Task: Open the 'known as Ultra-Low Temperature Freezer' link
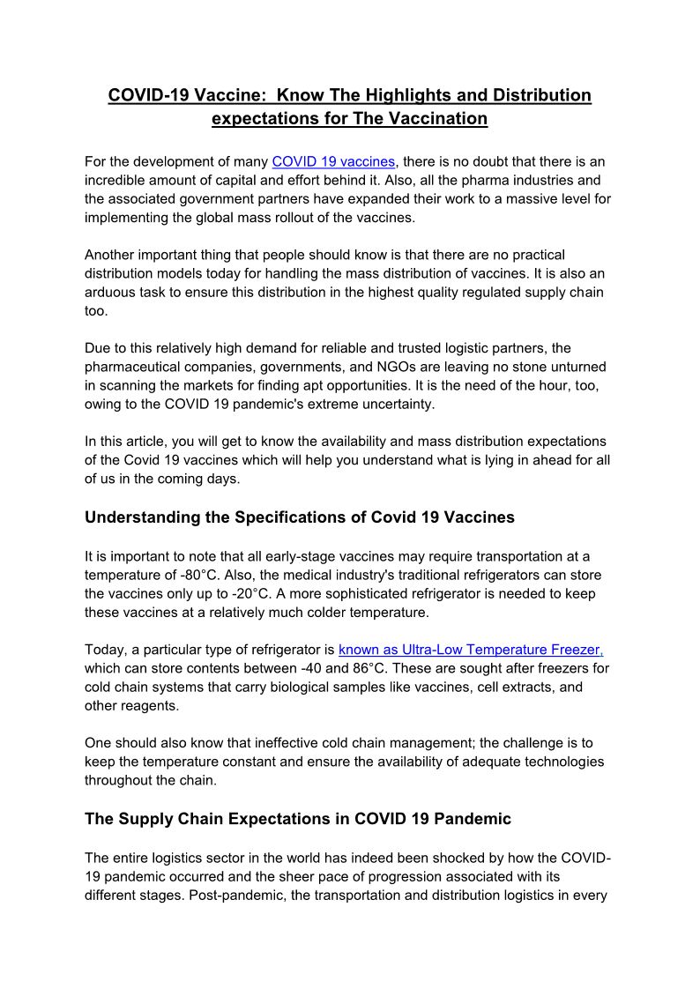471,651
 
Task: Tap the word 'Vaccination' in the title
434,118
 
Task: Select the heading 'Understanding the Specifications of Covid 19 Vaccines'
300,517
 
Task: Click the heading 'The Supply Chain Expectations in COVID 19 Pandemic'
298,819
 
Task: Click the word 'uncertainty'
394,405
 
